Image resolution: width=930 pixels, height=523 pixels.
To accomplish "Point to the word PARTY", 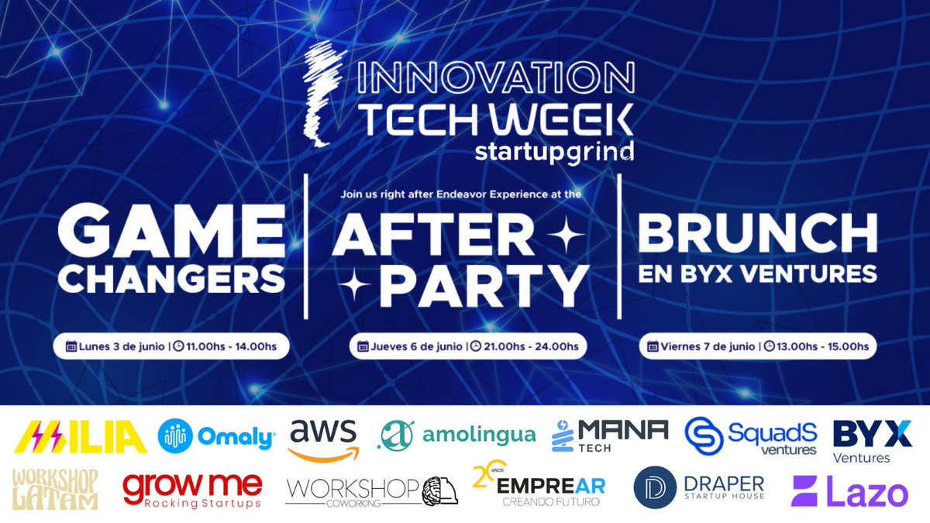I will pos(485,286).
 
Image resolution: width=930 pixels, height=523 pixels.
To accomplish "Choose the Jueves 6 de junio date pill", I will pos(467,346).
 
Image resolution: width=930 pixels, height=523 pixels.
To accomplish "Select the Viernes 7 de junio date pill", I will pos(758,346).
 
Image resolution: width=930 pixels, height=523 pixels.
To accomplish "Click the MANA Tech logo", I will pos(610,436).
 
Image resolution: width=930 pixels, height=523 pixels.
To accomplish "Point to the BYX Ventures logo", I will pos(871,440).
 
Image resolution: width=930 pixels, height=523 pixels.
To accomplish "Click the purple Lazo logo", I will pos(848,493).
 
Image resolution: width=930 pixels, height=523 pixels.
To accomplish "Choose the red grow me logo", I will pos(193,490).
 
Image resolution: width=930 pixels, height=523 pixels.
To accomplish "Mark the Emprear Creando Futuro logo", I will pos(539,487).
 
